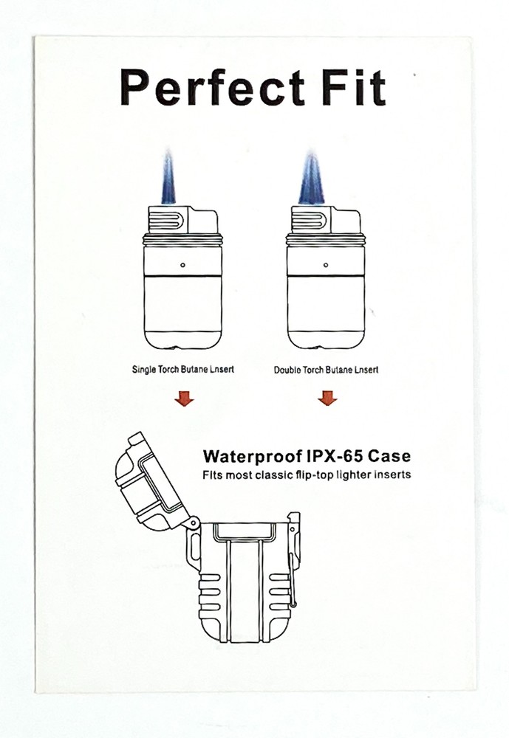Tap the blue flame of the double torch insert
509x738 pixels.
(x=311, y=179)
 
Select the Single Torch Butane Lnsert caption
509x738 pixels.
(x=182, y=369)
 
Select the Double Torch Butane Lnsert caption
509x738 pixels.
(x=326, y=370)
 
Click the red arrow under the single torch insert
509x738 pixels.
(x=183, y=399)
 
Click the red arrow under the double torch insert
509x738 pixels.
(x=327, y=399)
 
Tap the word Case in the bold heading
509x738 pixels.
(x=391, y=455)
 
